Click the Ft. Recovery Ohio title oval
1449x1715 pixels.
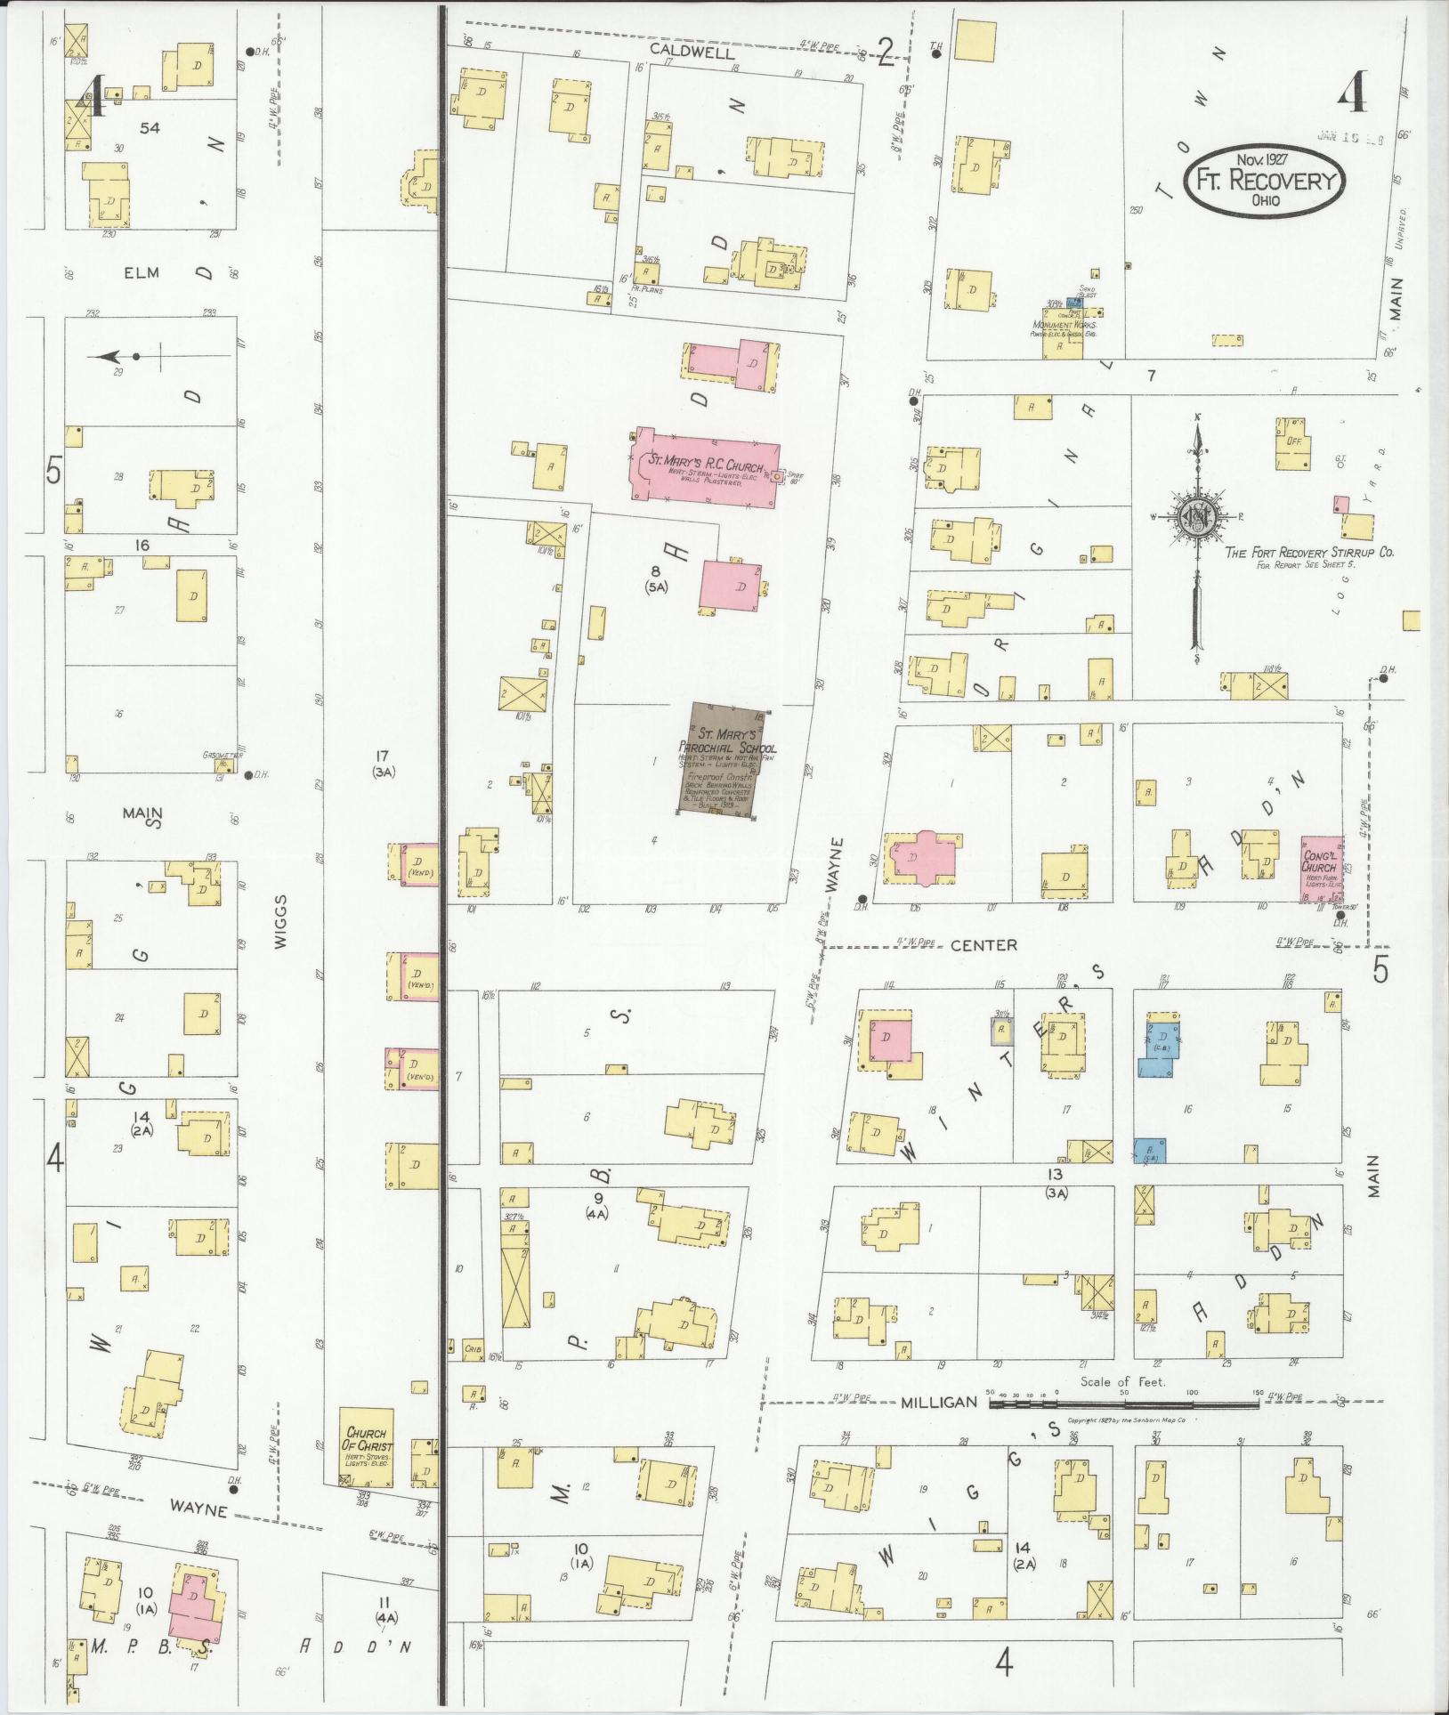point(1264,181)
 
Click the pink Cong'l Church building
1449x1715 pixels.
point(1321,869)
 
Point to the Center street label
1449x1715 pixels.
point(983,945)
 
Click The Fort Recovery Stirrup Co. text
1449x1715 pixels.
point(1309,553)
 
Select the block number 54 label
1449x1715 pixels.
point(150,128)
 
